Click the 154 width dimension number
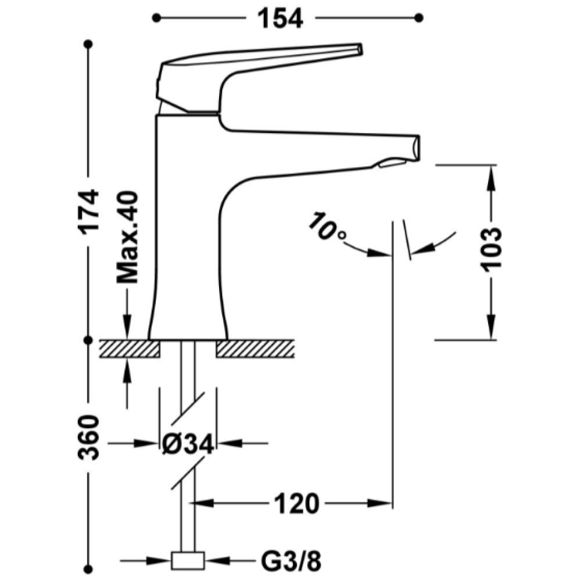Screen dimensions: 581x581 click(280, 19)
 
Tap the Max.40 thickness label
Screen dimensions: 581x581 click(127, 238)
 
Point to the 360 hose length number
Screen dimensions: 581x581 click(89, 437)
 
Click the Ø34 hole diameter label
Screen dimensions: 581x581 click(188, 443)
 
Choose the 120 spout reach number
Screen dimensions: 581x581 click(296, 503)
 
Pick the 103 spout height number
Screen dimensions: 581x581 click(491, 250)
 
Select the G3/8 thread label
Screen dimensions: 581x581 click(291, 562)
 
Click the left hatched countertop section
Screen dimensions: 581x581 click(130, 349)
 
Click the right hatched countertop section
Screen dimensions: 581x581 click(255, 349)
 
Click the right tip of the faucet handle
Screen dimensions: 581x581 click(361, 49)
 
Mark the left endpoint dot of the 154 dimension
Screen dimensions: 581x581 click(157, 18)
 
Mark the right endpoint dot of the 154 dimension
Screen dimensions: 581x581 click(419, 18)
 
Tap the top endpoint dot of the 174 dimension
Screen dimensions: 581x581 click(88, 44)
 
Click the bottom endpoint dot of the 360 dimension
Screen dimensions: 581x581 click(88, 569)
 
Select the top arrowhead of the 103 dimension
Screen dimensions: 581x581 click(492, 178)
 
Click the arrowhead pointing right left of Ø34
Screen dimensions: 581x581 click(146, 443)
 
